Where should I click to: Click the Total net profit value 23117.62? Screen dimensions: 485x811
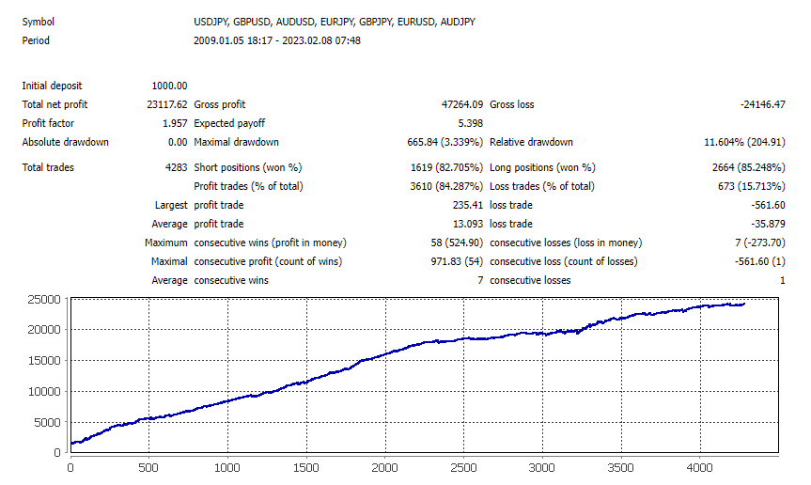(167, 104)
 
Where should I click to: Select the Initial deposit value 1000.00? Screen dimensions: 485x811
(169, 86)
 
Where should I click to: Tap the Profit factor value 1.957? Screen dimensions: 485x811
(174, 123)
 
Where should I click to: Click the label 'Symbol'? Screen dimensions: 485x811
(38, 21)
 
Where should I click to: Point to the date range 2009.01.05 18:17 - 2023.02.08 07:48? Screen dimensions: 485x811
(276, 40)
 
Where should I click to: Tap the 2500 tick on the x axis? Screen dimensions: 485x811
(463, 466)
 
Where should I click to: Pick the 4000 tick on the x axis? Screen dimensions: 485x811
(699, 466)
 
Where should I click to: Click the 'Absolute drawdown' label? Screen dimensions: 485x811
(65, 142)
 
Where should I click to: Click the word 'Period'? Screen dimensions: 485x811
(36, 40)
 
